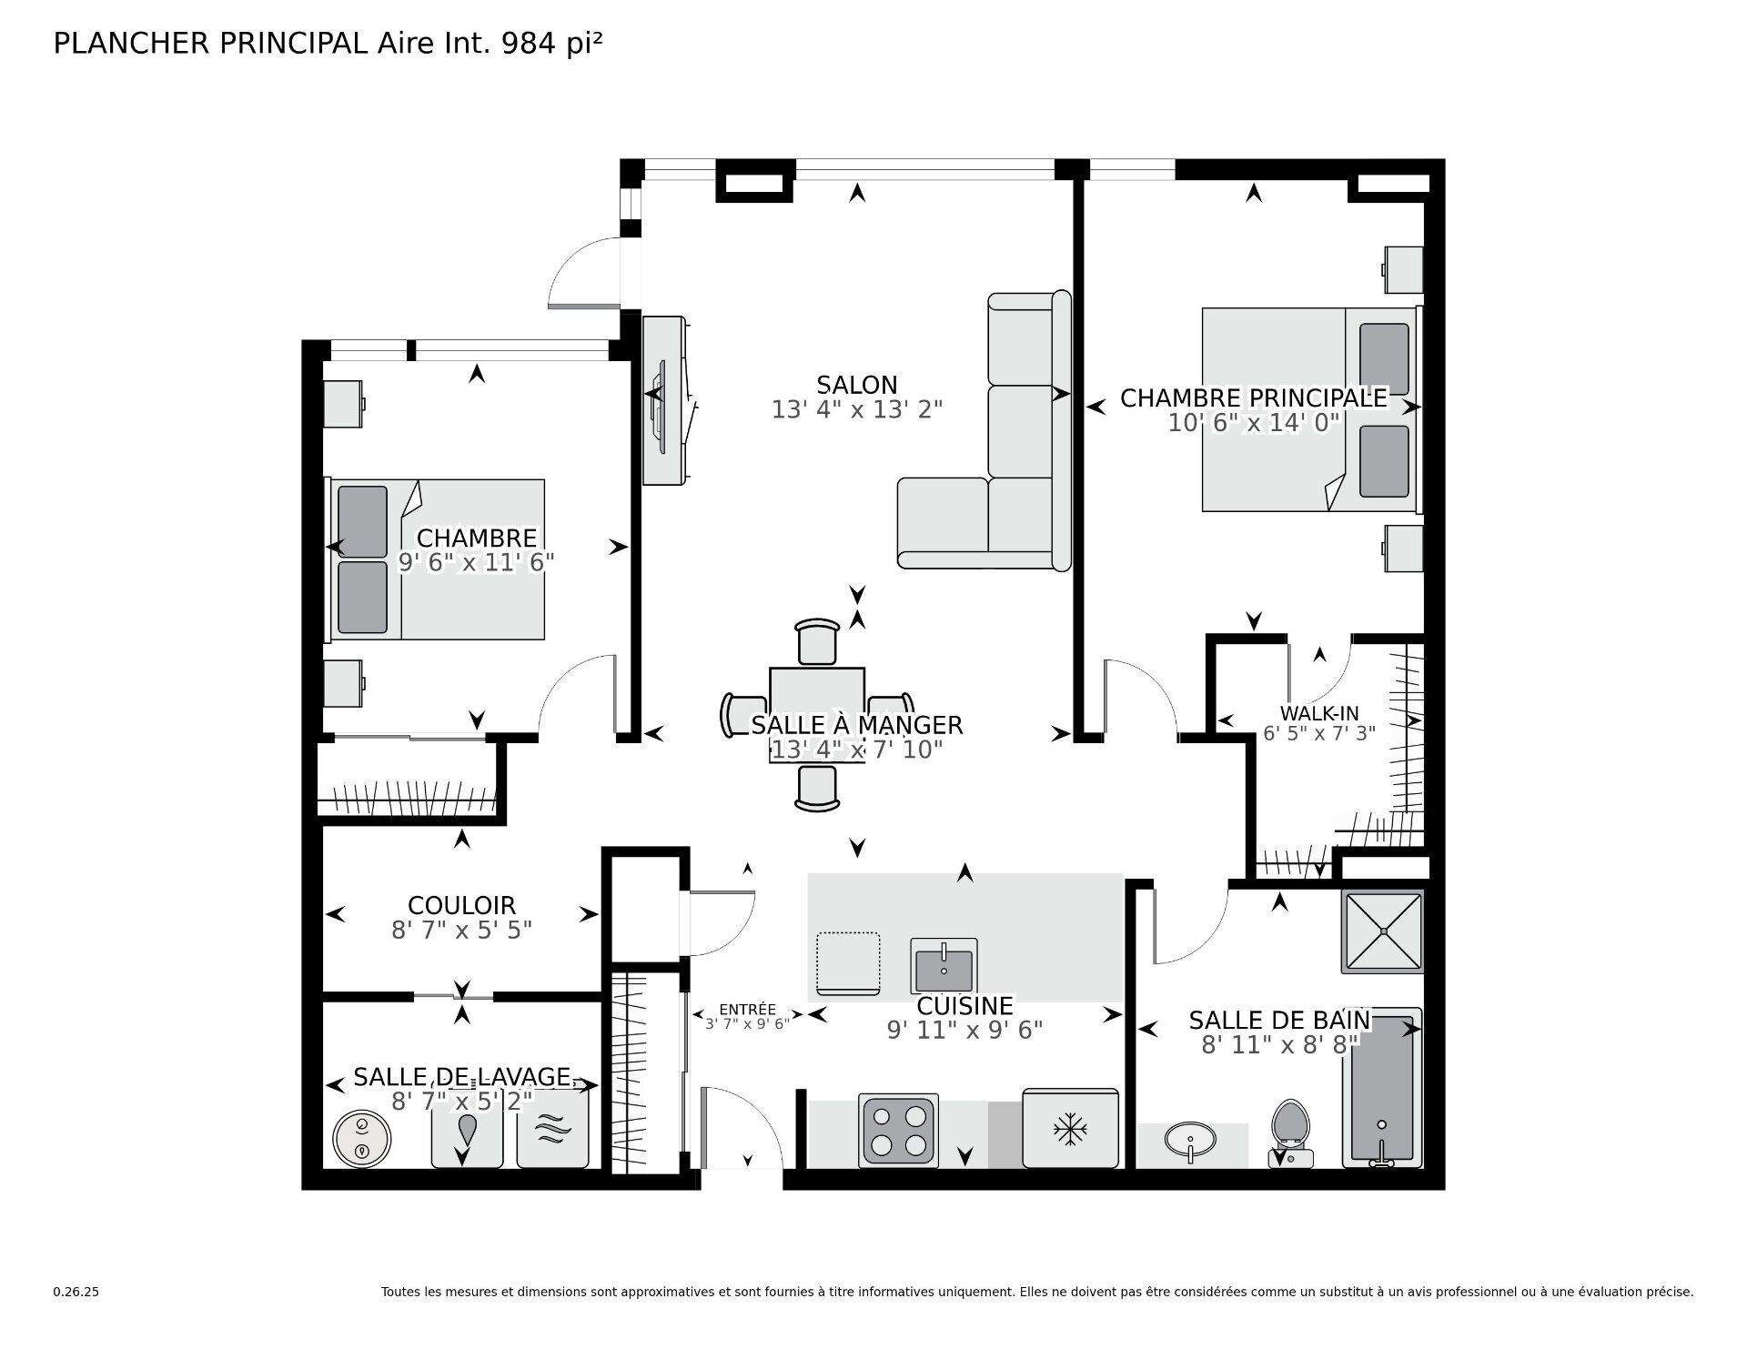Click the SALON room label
pyautogui.click(x=856, y=385)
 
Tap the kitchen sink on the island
pyautogui.click(x=944, y=966)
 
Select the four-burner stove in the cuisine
pyautogui.click(x=899, y=1132)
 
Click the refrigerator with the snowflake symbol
pyautogui.click(x=1070, y=1129)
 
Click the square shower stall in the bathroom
pyautogui.click(x=1382, y=931)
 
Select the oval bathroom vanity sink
pyautogui.click(x=1190, y=1141)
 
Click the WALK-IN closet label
pyautogui.click(x=1318, y=713)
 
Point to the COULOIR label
pyautogui.click(x=461, y=905)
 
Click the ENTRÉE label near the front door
pyautogui.click(x=747, y=1009)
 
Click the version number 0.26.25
pyautogui.click(x=76, y=1292)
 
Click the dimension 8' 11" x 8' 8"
pyautogui.click(x=1279, y=1045)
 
